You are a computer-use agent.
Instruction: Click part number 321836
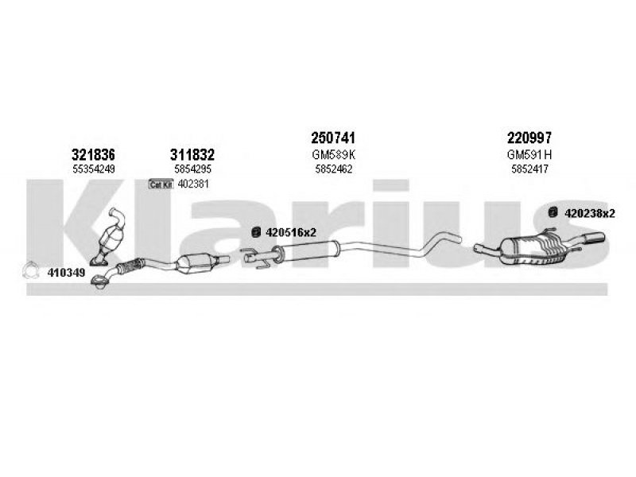(x=93, y=154)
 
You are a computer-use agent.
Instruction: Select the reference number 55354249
(x=94, y=169)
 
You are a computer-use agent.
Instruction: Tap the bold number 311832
(x=192, y=154)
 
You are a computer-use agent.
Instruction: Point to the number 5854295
(x=192, y=169)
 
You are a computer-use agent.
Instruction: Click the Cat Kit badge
(x=161, y=184)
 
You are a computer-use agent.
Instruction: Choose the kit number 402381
(x=193, y=184)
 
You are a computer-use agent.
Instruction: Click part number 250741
(x=333, y=138)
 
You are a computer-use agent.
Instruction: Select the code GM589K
(x=333, y=154)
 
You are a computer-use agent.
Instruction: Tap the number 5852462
(x=333, y=169)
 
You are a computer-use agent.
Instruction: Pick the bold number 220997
(x=529, y=138)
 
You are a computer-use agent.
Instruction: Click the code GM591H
(x=529, y=154)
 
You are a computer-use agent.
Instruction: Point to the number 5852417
(x=529, y=169)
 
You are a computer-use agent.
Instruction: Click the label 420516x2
(x=290, y=233)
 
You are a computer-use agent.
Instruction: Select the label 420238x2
(x=590, y=213)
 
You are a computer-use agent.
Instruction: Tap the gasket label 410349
(x=66, y=273)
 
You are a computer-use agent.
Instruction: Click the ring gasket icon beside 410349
(x=30, y=271)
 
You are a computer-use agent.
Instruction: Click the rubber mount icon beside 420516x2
(x=256, y=232)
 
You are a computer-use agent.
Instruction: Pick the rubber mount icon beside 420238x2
(x=553, y=212)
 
